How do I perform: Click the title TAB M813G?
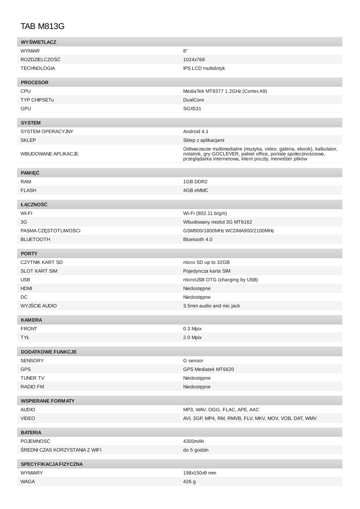[x=42, y=25]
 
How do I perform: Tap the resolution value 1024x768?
[x=194, y=59]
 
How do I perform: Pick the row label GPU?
[x=25, y=108]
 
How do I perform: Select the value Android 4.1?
[x=196, y=131]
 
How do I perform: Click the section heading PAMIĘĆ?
[x=30, y=172]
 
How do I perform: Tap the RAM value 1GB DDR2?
[x=195, y=181]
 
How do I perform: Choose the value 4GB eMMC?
[x=196, y=190]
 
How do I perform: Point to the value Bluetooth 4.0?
[x=197, y=239]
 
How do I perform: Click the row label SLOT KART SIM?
[x=39, y=271]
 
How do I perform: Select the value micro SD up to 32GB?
[x=206, y=262]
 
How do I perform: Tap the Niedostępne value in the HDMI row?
[x=197, y=288]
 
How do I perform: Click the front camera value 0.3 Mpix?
[x=192, y=329]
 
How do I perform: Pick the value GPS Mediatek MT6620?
[x=208, y=369]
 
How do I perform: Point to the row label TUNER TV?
[x=32, y=378]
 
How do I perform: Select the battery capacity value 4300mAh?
[x=193, y=441]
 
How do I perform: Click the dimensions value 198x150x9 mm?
[x=199, y=473]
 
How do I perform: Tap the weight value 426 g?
[x=189, y=482]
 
